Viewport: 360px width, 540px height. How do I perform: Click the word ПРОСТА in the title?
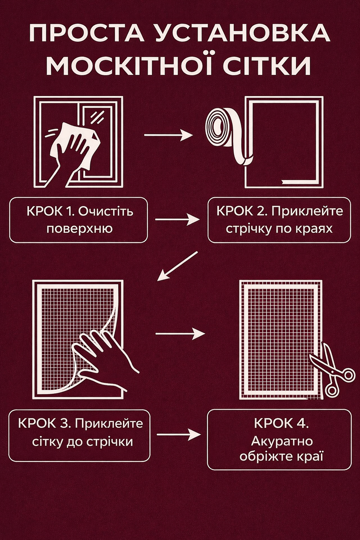coord(87,33)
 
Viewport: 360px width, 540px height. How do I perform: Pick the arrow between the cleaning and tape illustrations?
coord(168,135)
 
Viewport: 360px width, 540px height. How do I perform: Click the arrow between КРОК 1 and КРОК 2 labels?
coord(178,220)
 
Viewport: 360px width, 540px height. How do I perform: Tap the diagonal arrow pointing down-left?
coord(178,266)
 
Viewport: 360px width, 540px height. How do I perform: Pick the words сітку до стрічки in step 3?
coord(83,442)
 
